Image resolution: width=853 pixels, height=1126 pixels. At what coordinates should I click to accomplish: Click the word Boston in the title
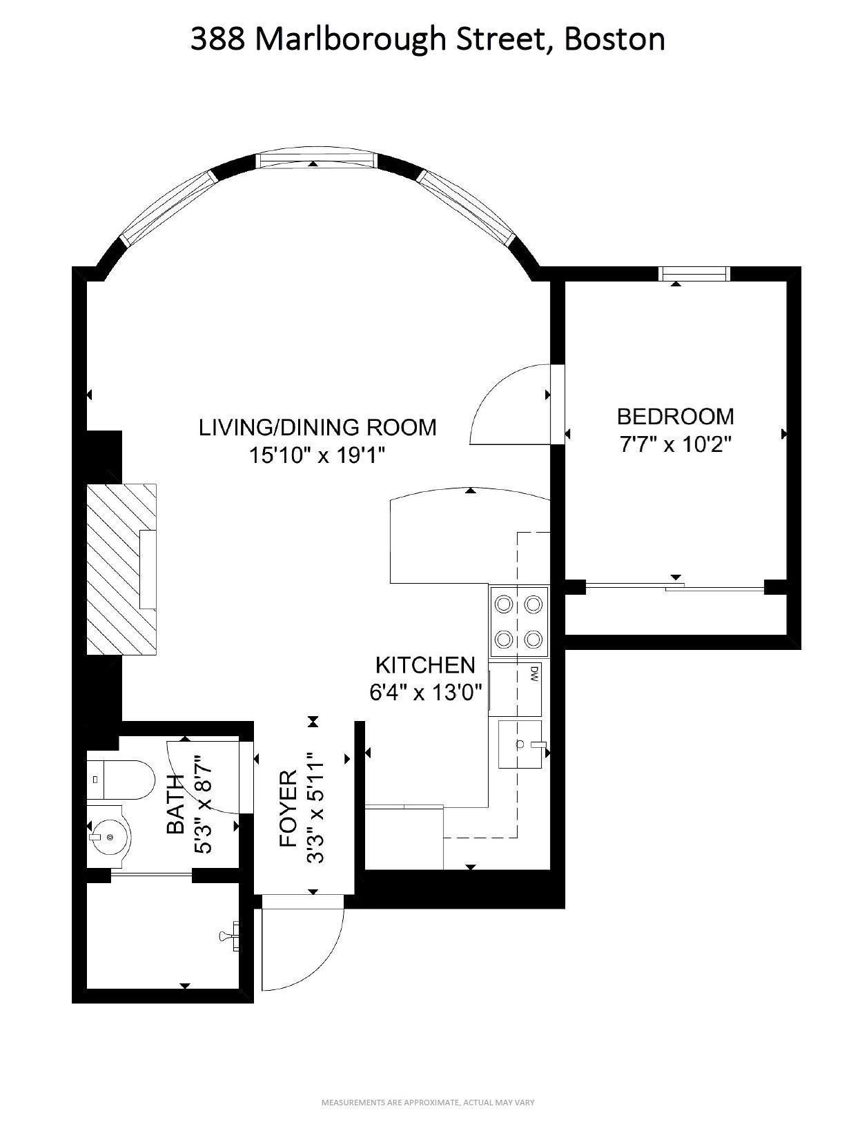[x=614, y=40]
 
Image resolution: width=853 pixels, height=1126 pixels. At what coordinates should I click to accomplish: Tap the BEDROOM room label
[x=675, y=416]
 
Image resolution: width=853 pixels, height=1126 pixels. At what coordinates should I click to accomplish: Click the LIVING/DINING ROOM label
[x=317, y=427]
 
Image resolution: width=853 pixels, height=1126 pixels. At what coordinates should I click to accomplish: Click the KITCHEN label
[x=425, y=665]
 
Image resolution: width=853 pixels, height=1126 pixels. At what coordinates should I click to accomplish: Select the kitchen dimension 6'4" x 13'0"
[x=425, y=692]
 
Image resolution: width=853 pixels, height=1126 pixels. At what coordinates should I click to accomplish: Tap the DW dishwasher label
[x=534, y=673]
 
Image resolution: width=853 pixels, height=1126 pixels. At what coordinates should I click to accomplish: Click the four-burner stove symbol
[x=519, y=622]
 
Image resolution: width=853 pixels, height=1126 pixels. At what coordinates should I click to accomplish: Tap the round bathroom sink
[x=108, y=836]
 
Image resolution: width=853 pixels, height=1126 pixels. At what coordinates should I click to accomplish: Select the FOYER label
[x=288, y=809]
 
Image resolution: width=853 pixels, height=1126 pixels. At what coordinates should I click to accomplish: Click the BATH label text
[x=176, y=804]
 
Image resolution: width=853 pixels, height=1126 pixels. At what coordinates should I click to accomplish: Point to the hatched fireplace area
[x=121, y=569]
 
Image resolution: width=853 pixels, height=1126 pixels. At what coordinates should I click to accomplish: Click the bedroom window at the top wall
[x=694, y=274]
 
